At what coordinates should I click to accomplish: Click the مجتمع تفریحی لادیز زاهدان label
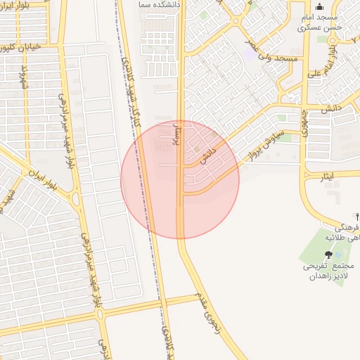(328, 271)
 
